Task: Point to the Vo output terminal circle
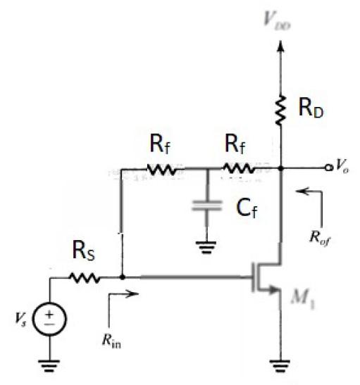[x=328, y=168]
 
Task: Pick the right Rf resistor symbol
[x=239, y=169]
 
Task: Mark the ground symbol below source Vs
[x=51, y=363]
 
